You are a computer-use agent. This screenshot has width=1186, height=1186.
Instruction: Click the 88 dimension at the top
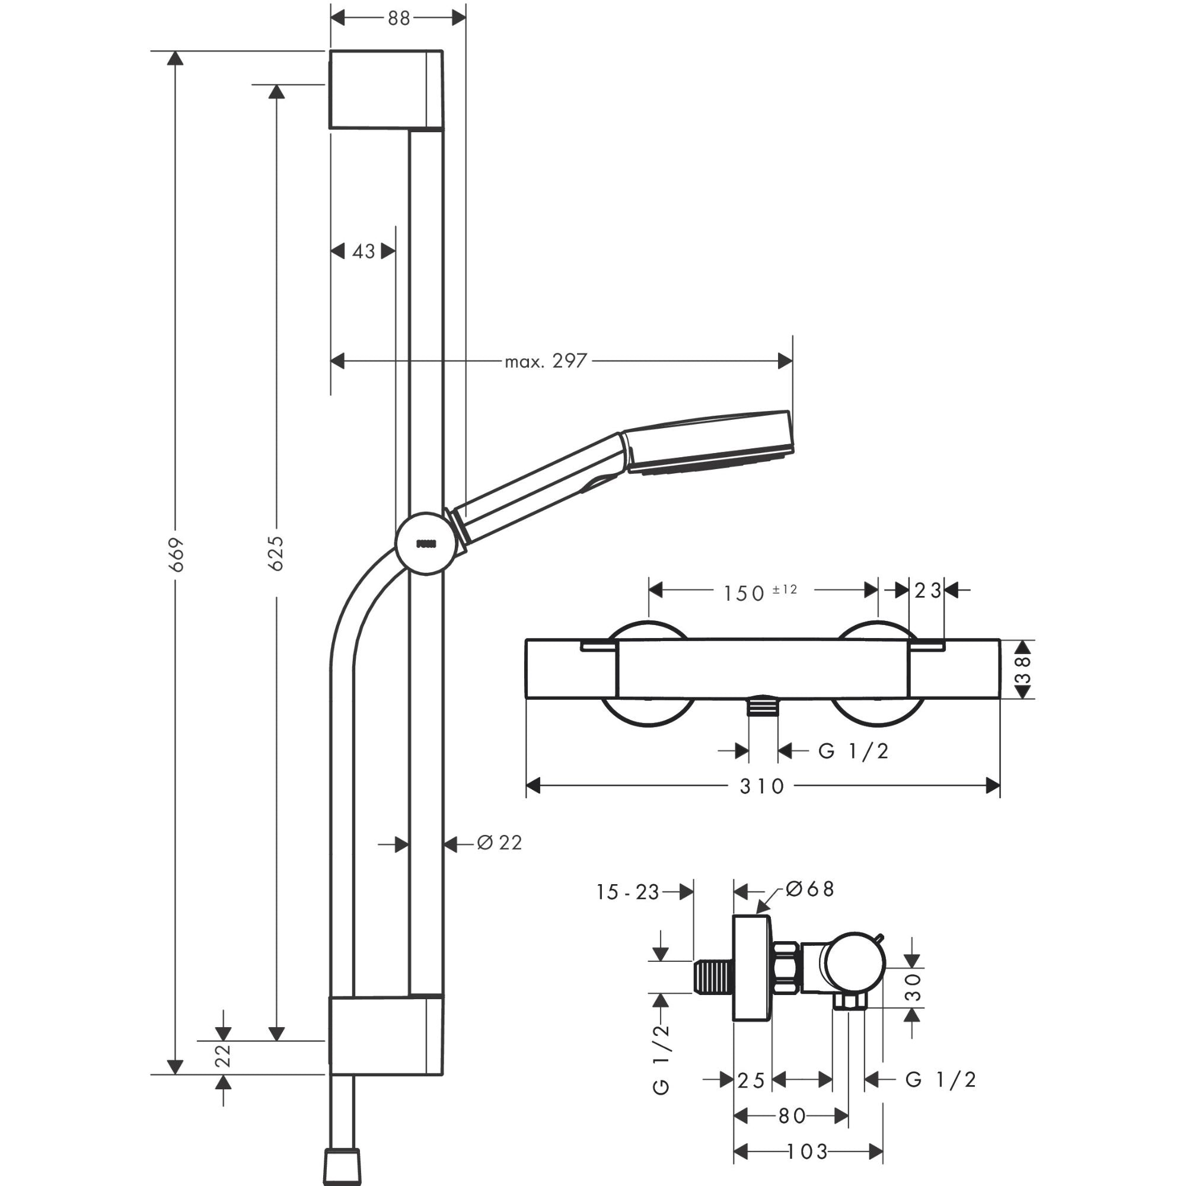click(398, 18)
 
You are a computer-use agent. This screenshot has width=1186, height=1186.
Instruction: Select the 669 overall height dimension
click(177, 554)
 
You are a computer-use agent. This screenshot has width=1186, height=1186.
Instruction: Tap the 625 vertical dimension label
click(277, 553)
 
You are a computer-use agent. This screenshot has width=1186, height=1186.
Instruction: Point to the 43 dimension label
click(364, 251)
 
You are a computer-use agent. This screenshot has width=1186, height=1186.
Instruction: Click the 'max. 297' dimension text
click(546, 361)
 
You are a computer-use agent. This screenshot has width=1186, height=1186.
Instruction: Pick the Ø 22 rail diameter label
click(500, 843)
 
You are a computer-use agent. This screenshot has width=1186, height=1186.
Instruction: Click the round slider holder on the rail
click(426, 544)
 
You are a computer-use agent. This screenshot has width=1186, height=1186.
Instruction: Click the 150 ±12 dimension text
click(760, 592)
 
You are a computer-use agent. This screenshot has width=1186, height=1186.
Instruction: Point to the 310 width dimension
click(762, 786)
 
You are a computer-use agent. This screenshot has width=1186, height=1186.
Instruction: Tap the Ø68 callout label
click(810, 889)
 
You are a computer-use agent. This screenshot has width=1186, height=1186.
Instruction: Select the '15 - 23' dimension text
click(627, 892)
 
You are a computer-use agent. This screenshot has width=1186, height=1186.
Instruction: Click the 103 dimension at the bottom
click(808, 1152)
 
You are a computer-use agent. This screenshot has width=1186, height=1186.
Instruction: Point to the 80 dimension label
click(791, 1116)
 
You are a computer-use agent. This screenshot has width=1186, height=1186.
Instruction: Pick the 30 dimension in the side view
click(914, 987)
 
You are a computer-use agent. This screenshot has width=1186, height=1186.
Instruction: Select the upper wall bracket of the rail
click(384, 90)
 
